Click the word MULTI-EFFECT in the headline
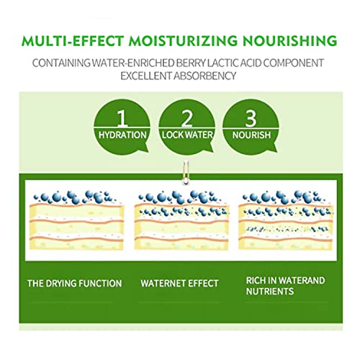click(73, 41)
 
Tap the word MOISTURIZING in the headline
click(183, 41)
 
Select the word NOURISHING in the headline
click(289, 41)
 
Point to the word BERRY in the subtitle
click(191, 63)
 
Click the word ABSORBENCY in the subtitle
click(205, 76)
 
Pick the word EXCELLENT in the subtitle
click(146, 76)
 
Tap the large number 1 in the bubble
click(122, 118)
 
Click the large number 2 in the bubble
click(186, 118)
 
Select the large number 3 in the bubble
click(251, 118)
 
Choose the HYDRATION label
click(122, 135)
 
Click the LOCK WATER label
click(187, 135)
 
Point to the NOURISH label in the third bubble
click(251, 135)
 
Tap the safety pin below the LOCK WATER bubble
click(185, 172)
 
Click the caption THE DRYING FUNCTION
click(74, 284)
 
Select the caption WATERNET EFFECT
click(179, 284)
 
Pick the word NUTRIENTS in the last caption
click(270, 292)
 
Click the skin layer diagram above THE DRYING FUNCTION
click(76, 220)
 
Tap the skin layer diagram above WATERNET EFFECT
click(181, 220)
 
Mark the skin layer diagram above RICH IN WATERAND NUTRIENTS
click(286, 220)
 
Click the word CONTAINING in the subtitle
click(61, 63)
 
